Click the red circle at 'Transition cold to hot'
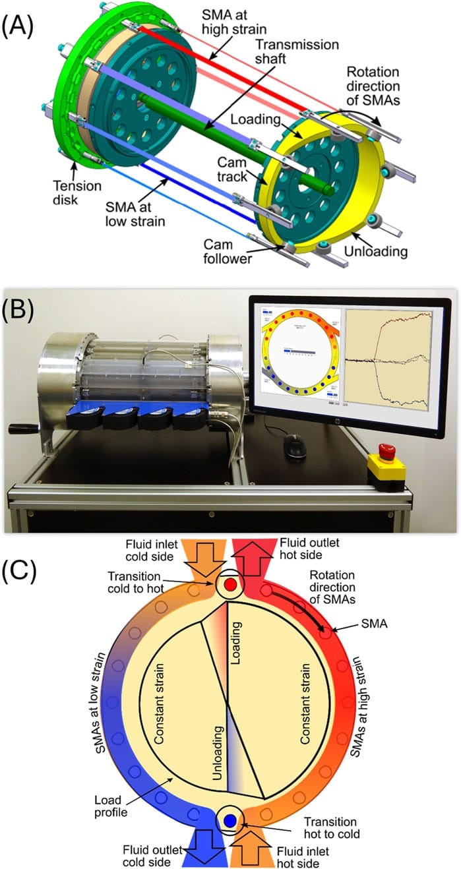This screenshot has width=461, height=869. click(230, 584)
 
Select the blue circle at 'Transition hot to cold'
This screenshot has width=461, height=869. click(230, 820)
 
